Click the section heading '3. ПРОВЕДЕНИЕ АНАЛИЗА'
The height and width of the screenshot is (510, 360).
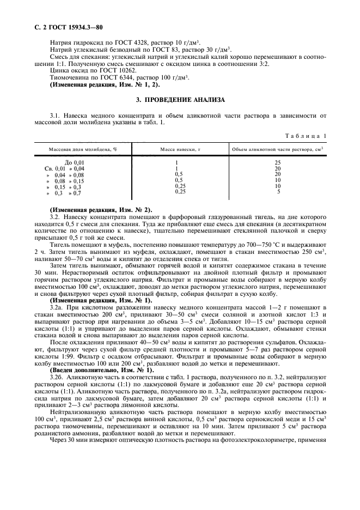coord(179,100)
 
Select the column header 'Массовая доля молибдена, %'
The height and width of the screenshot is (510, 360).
coord(83,149)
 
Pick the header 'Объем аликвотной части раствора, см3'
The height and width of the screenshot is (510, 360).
coord(278,149)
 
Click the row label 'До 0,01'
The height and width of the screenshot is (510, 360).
coord(75,163)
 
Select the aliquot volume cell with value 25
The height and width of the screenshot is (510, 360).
coord(278,163)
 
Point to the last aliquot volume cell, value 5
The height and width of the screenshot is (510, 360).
coord(278,192)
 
